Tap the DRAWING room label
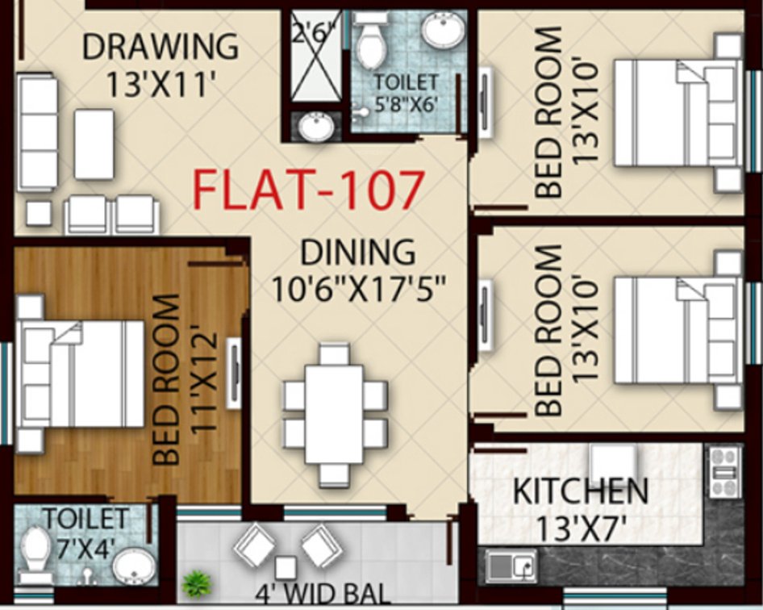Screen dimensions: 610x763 tap(161, 46)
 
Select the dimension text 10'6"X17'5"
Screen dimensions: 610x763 tap(361, 288)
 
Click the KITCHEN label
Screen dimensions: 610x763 tap(581, 490)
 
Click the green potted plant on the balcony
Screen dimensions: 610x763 tap(194, 582)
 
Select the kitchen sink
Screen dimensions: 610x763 tap(511, 566)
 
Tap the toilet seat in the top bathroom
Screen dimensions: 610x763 tap(370, 44)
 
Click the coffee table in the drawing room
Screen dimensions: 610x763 tap(94, 144)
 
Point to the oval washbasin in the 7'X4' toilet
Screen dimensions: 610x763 tap(133, 567)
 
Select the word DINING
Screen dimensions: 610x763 tap(357, 253)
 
